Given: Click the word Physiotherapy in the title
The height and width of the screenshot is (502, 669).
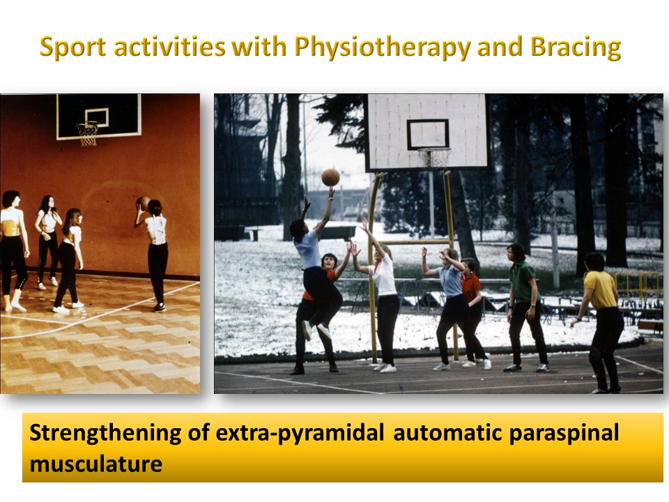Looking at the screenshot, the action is click(383, 47).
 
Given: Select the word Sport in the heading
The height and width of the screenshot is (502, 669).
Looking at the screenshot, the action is click(72, 47).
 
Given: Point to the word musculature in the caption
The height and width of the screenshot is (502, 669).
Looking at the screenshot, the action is click(96, 464).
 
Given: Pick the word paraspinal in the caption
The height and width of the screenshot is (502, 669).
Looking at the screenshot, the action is click(564, 433).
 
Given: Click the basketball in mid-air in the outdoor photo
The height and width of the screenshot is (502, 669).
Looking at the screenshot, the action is click(330, 177).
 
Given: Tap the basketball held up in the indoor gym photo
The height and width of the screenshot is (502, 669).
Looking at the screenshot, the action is click(144, 203).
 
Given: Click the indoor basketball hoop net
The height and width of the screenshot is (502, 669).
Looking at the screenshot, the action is click(88, 134).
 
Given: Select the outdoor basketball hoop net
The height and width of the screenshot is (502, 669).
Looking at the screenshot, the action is click(434, 158).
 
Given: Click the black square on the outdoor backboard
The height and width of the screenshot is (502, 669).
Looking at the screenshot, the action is click(427, 135).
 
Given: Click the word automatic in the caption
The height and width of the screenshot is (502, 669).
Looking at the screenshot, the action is click(447, 433).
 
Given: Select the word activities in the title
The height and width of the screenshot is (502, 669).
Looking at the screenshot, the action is click(170, 47).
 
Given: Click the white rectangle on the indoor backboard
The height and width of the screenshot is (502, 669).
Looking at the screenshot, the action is click(96, 117).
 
